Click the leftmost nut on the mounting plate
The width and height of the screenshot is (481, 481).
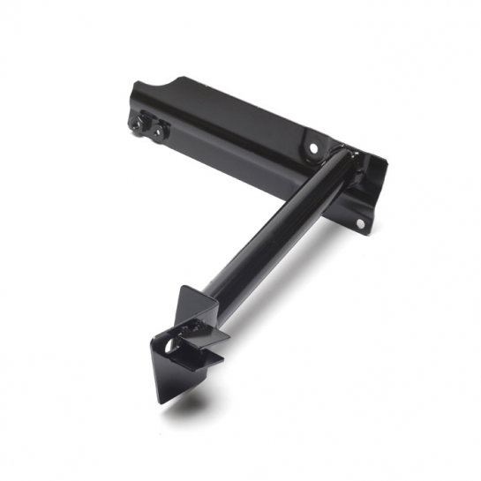tap(138, 124)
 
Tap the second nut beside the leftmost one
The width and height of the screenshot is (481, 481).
tap(158, 132)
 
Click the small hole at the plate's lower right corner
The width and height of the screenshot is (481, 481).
tap(359, 223)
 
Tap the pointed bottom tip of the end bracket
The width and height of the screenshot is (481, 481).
tap(163, 402)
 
